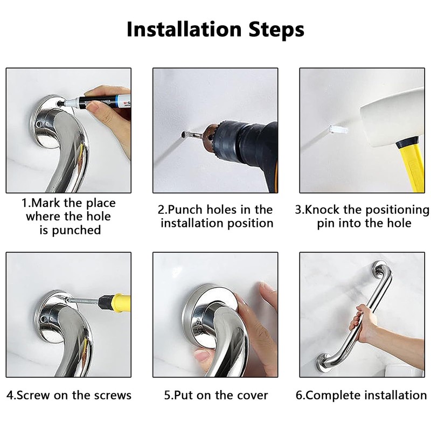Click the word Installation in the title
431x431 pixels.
(x=184, y=29)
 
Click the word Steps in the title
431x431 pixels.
(x=276, y=30)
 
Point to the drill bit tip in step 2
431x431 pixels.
(x=183, y=134)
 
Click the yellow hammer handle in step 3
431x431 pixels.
(x=412, y=166)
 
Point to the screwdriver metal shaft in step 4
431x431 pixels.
(x=83, y=301)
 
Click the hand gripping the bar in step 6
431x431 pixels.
(x=363, y=323)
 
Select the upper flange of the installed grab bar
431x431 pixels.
(x=380, y=269)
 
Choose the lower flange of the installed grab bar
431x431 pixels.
(x=324, y=363)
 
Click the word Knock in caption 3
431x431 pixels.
(x=322, y=210)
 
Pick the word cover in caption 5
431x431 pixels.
(x=252, y=395)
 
